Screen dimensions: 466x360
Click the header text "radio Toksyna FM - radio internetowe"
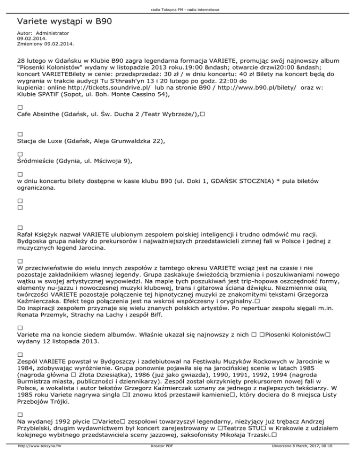[180, 9]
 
